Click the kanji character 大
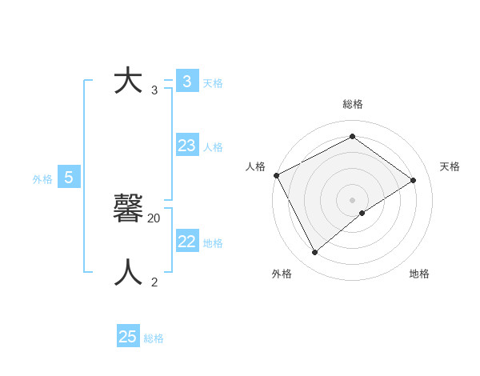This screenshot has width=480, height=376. pyautogui.click(x=128, y=82)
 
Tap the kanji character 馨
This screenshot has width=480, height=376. pyautogui.click(x=128, y=208)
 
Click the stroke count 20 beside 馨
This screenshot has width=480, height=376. pyautogui.click(x=154, y=218)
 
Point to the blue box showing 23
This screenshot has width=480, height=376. pyautogui.click(x=187, y=146)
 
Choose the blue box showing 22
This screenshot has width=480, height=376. pyautogui.click(x=187, y=242)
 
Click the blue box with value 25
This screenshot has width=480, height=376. pyautogui.click(x=128, y=337)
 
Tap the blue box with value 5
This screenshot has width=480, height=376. pyautogui.click(x=69, y=178)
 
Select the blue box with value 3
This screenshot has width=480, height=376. pyautogui.click(x=187, y=82)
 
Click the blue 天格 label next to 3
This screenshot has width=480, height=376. pyautogui.click(x=213, y=82)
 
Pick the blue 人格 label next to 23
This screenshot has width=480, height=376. pyautogui.click(x=213, y=147)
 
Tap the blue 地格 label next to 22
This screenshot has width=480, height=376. pyautogui.click(x=213, y=243)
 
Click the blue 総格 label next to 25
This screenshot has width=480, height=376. pyautogui.click(x=154, y=338)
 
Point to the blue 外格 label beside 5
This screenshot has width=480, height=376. pyautogui.click(x=42, y=179)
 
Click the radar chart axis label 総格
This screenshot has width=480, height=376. pyautogui.click(x=353, y=104)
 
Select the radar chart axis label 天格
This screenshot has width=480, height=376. pyautogui.click(x=450, y=166)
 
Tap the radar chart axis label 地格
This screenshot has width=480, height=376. pyautogui.click(x=419, y=274)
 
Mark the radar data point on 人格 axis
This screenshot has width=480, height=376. pyautogui.click(x=276, y=175)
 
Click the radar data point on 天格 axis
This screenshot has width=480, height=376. pyautogui.click(x=414, y=180)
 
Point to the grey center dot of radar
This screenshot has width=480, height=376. pyautogui.click(x=352, y=199)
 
